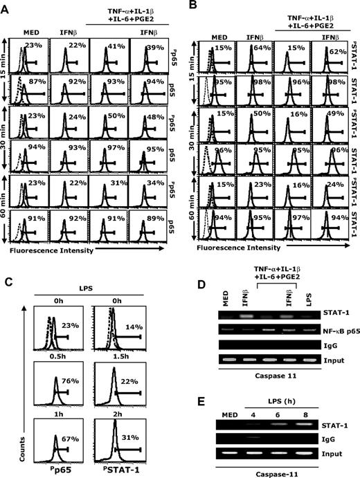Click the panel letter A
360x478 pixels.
coord(6,6)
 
